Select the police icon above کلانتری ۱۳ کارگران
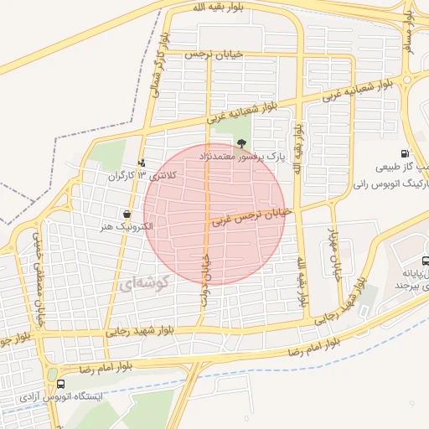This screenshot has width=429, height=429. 142,163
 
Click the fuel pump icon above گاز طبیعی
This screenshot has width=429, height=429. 406,154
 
